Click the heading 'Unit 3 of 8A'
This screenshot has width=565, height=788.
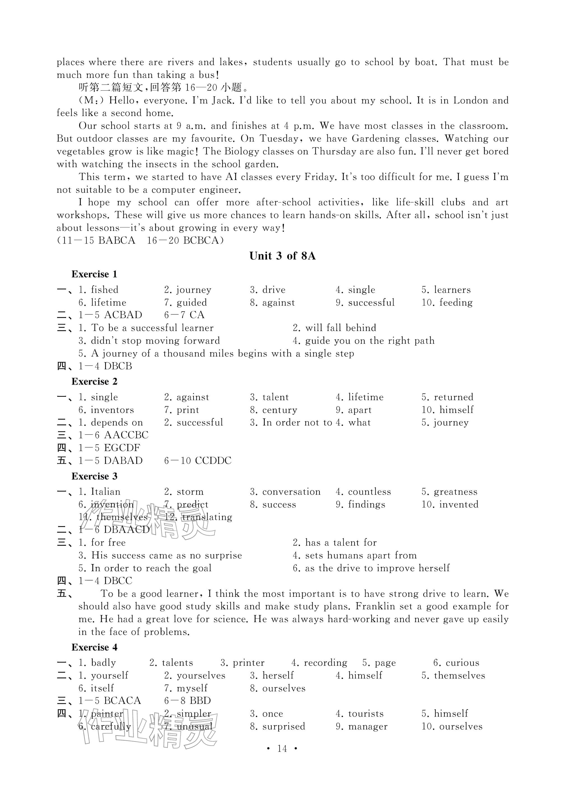(x=282, y=256)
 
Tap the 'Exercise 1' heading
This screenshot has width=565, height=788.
(x=94, y=274)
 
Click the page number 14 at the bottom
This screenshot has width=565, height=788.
(x=282, y=748)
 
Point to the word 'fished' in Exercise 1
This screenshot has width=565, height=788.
(x=104, y=289)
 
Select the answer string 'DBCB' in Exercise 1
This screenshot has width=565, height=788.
(x=118, y=366)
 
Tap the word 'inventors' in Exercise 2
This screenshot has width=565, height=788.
(x=112, y=410)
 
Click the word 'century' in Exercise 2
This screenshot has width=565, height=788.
(x=280, y=410)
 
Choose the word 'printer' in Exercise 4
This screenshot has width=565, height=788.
(x=248, y=663)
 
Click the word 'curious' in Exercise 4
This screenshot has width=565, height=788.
(x=462, y=663)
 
